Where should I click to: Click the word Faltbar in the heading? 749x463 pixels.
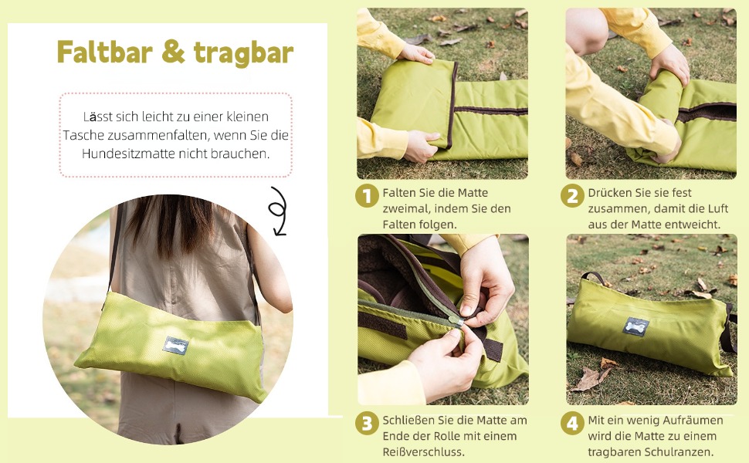pos(104,52)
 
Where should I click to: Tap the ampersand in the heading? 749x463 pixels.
pos(174,52)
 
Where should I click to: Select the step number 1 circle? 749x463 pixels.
pos(367,196)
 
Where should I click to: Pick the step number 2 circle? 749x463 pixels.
pos(572,196)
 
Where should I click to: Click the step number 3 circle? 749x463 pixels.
pos(367,424)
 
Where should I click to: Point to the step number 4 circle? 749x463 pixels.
pos(572,424)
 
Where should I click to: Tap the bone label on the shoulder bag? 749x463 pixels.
pos(175,346)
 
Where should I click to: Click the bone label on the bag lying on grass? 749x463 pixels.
pos(635,327)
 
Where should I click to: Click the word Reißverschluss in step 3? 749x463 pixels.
pos(423,451)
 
